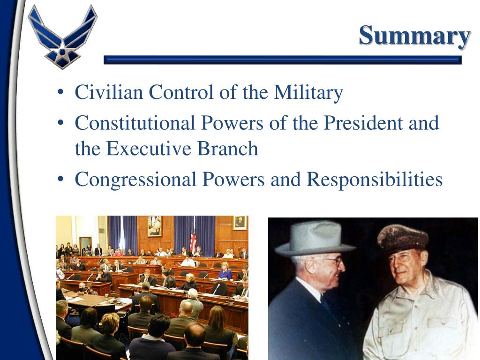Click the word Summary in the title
click(x=414, y=36)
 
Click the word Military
click(x=308, y=92)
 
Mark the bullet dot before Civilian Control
click(x=60, y=93)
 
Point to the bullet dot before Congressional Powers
click(x=60, y=180)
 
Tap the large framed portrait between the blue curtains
click(x=154, y=226)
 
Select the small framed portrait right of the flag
click(x=240, y=223)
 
